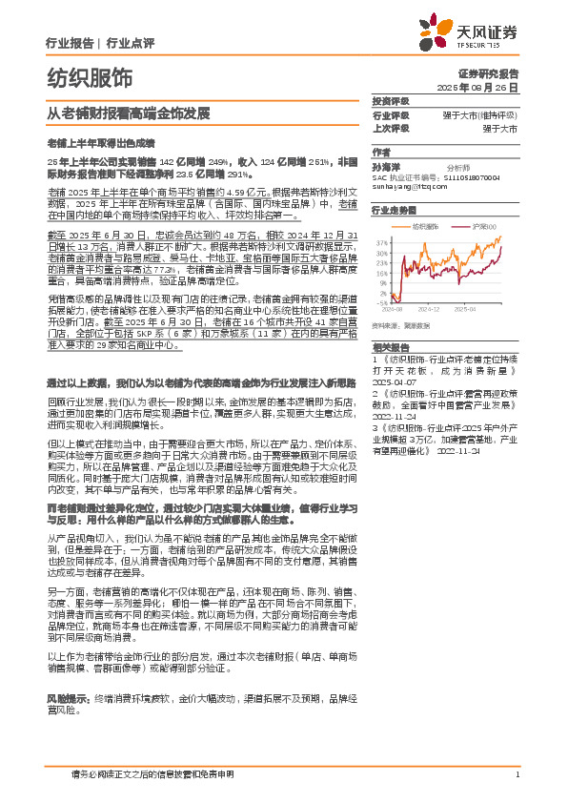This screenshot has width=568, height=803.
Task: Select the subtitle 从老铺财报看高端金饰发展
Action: click(128, 112)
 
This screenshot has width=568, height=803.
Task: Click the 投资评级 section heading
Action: click(391, 101)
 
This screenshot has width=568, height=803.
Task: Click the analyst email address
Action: click(409, 186)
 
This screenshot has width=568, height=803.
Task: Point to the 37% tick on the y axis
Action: click(381, 243)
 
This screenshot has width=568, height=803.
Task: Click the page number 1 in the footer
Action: click(516, 773)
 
